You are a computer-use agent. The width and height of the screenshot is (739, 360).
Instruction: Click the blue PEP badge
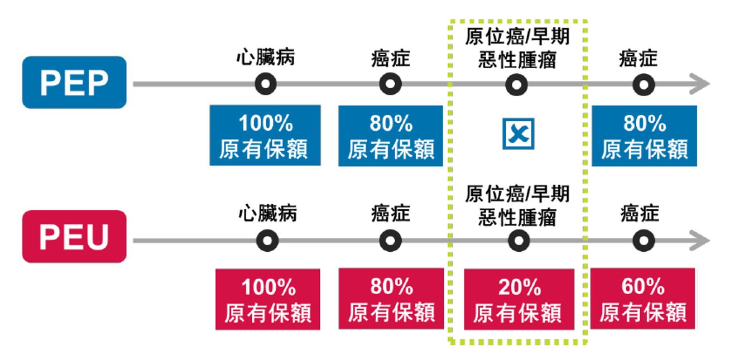click(74, 82)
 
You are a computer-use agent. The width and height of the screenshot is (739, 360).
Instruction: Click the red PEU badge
click(74, 236)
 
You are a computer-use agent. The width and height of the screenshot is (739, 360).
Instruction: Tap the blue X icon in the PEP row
click(519, 133)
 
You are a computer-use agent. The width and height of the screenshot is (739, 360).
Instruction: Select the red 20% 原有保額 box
click(519, 299)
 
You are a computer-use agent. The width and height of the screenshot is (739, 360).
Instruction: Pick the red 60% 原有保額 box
click(642, 299)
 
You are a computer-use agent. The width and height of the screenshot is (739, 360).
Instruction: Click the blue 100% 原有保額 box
click(265, 135)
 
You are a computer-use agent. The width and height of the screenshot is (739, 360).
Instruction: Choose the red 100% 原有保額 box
click(267, 299)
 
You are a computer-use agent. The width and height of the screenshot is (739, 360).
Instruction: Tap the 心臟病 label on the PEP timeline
click(266, 57)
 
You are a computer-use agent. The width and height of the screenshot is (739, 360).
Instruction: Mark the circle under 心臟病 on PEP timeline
click(266, 84)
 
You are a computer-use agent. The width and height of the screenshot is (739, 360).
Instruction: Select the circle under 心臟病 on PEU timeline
click(267, 241)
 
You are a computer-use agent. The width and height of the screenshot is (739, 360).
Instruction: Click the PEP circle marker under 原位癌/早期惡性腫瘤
click(516, 84)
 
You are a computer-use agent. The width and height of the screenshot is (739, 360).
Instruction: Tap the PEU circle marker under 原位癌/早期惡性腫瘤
click(519, 241)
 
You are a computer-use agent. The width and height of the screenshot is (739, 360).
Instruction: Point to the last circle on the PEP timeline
click(644, 84)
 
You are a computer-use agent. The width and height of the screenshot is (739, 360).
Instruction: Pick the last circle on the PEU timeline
click(644, 241)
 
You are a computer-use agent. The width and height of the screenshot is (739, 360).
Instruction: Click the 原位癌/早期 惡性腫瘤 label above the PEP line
click(517, 48)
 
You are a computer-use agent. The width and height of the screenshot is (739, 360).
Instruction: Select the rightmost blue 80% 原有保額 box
click(644, 136)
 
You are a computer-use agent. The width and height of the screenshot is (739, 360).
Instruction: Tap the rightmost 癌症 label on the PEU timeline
click(640, 213)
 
